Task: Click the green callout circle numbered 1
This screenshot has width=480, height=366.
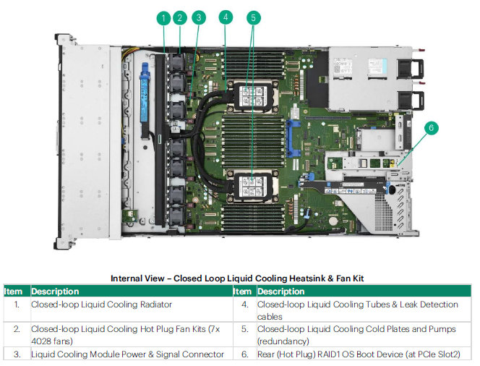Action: pos(164,17)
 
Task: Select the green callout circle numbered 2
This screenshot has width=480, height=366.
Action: pos(181,17)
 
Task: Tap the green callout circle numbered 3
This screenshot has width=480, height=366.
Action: pos(199,17)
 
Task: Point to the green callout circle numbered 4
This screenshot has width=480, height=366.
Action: pos(226,17)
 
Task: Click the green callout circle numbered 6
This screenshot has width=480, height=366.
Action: pos(431,128)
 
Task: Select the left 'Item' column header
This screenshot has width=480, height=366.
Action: pos(14,291)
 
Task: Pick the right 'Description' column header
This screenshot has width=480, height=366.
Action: pos(281,291)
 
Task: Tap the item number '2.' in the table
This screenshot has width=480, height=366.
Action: pos(17,329)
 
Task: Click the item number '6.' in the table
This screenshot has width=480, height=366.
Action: pos(245,354)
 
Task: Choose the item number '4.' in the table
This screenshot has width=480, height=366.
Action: pos(245,305)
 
